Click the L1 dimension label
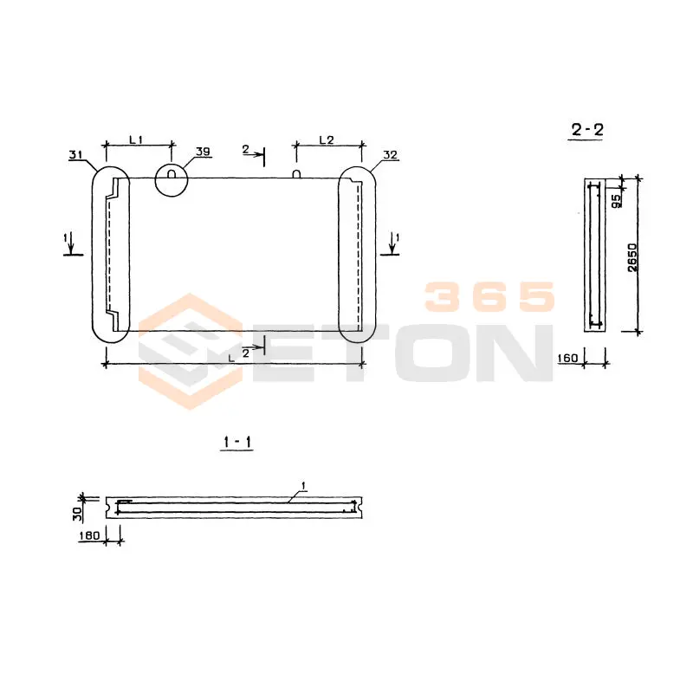[136, 139]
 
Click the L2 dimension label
[327, 139]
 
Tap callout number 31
[75, 155]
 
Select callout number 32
[391, 155]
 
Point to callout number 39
[203, 151]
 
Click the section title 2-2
[587, 129]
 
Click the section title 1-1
[237, 442]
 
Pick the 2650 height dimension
[633, 257]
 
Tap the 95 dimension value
[616, 201]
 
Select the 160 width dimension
[568, 358]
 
